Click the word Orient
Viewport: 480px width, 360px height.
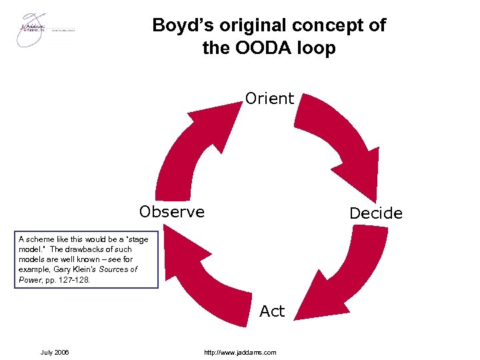(269, 99)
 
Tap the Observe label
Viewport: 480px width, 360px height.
(172, 212)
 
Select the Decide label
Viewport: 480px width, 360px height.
(376, 213)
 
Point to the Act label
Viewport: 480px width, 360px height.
(272, 311)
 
